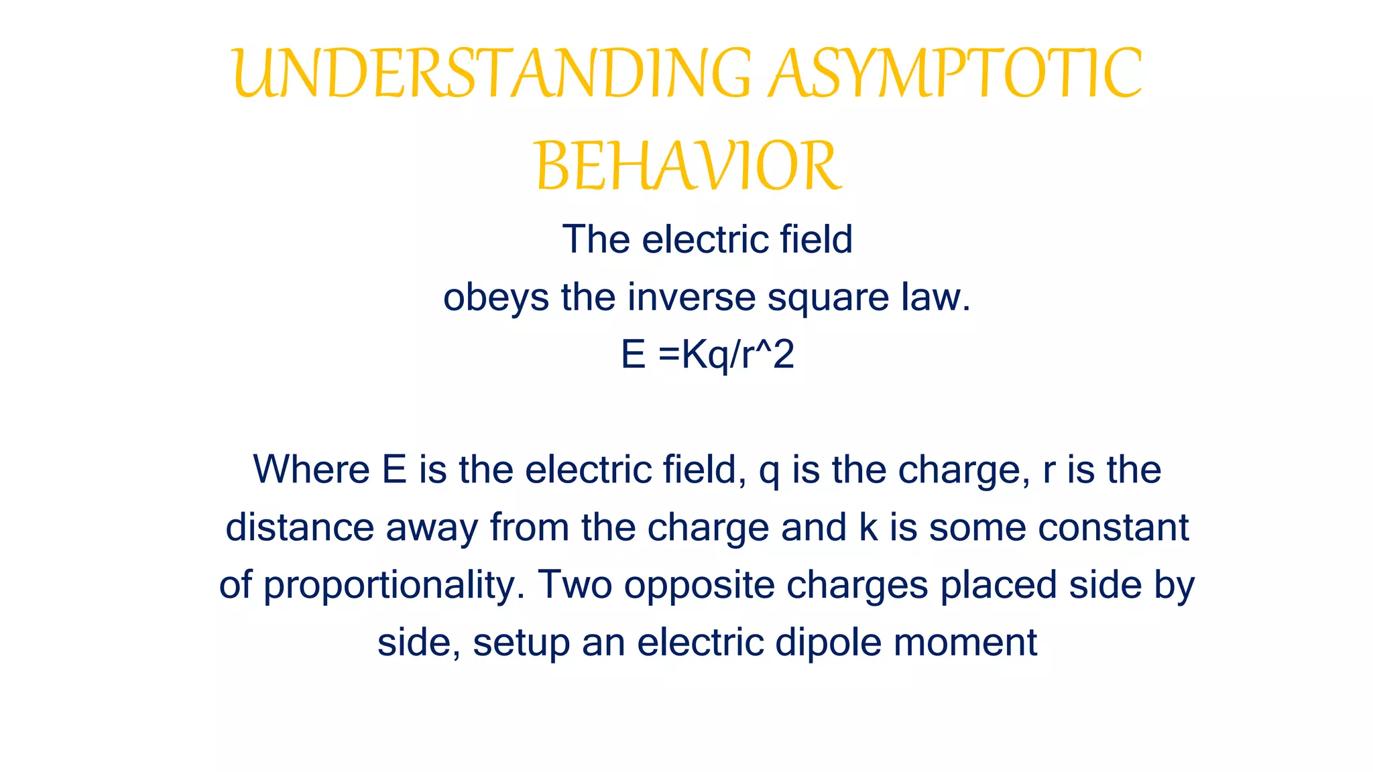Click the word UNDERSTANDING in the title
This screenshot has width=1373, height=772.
(493, 74)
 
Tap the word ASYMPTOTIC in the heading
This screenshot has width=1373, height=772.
(955, 74)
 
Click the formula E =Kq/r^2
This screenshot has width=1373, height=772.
(707, 355)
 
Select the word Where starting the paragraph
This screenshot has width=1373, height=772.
(311, 470)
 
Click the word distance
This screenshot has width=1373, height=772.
(299, 527)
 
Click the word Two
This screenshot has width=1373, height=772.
(575, 585)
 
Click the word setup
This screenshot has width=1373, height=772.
(521, 643)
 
